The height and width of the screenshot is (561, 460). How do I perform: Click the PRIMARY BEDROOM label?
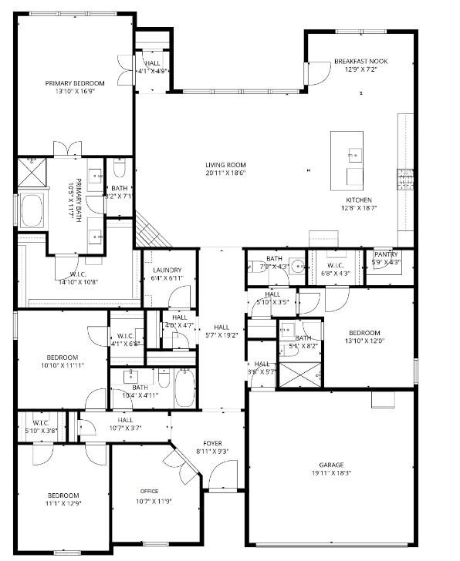pyautogui.click(x=75, y=82)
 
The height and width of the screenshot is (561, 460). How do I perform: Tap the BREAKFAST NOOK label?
pyautogui.click(x=360, y=62)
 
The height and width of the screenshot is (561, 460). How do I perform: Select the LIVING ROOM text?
pyautogui.click(x=225, y=165)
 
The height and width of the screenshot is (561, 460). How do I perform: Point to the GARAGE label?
pyautogui.click(x=332, y=465)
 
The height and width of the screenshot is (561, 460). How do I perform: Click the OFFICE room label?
pyautogui.click(x=149, y=491)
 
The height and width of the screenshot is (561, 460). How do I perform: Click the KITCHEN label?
pyautogui.click(x=358, y=200)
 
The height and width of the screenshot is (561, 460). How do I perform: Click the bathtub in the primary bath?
pyautogui.click(x=32, y=210)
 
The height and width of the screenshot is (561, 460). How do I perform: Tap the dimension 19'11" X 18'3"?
pyautogui.click(x=332, y=474)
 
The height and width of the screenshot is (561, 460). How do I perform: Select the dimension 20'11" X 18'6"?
pyautogui.click(x=225, y=173)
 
